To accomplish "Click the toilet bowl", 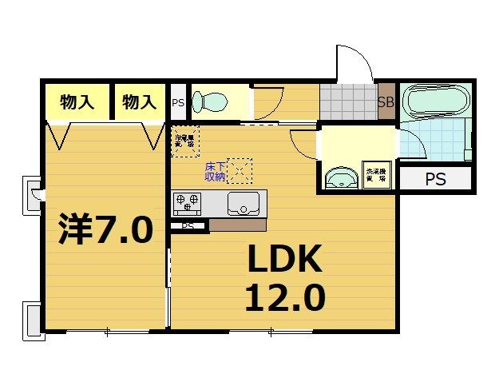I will coord(212,101).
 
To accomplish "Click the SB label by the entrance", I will coord(386,102).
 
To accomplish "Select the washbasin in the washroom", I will coord(342,177).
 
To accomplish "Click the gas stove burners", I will coord(188,201).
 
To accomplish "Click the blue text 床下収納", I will coord(215,171).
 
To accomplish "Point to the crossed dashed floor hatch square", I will coord(240,170).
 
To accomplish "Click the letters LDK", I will coord(284,260).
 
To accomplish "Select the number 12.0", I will coord(284,298).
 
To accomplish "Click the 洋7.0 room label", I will coord(105,230).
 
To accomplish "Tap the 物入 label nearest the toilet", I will coord(139,102).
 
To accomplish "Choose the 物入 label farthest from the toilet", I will coord(77,102).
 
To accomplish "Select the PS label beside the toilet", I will coord(178,102).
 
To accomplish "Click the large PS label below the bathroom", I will coord(435,180).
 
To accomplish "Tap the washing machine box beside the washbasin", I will coord(375,177).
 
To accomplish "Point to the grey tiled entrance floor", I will coord(348,102).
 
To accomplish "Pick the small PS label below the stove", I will coord(188,226).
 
